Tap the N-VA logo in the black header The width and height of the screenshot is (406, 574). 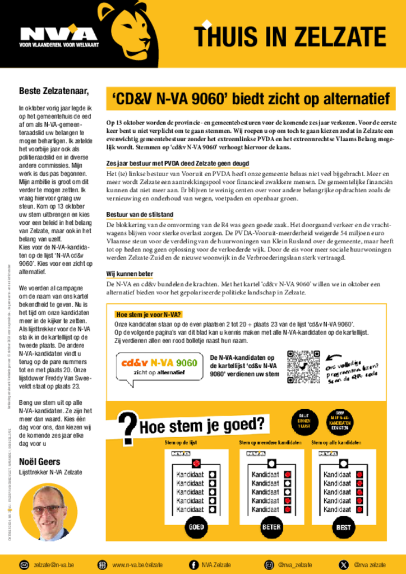[58, 35]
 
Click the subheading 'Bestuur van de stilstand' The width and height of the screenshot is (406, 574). [140, 215]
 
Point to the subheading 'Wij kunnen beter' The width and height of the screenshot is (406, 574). [130, 274]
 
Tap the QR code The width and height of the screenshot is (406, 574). [303, 366]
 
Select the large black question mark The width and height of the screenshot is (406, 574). [128, 428]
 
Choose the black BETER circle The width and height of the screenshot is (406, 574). [271, 527]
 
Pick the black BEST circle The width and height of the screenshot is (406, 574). [343, 527]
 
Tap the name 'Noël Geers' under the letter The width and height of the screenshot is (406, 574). [40, 461]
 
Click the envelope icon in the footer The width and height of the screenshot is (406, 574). [25, 564]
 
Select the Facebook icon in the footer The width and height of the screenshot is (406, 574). [193, 564]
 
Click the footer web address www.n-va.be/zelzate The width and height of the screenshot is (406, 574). [137, 564]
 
